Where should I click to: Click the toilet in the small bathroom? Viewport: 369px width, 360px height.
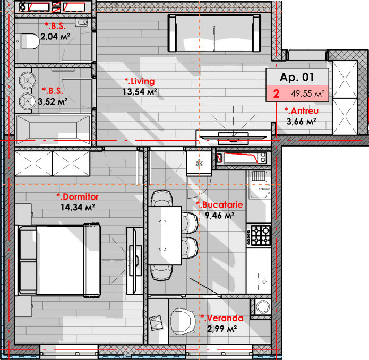pyautogui.click(x=27, y=41)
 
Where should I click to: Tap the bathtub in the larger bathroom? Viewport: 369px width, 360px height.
pyautogui.click(x=53, y=130)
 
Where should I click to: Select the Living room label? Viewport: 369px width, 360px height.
pyautogui.click(x=140, y=81)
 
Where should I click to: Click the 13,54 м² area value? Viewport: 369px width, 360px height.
pyautogui.click(x=140, y=92)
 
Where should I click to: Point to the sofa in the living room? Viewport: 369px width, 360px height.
pyautogui.click(x=214, y=33)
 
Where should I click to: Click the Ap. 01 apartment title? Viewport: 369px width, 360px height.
pyautogui.click(x=297, y=77)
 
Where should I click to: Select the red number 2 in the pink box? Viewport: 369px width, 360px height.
pyautogui.click(x=276, y=93)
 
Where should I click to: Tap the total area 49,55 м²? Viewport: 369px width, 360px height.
pyautogui.click(x=308, y=93)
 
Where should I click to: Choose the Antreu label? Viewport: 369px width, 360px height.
pyautogui.click(x=302, y=110)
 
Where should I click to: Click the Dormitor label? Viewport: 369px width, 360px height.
pyautogui.click(x=78, y=196)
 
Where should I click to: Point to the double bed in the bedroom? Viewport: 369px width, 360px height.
pyautogui.click(x=58, y=260)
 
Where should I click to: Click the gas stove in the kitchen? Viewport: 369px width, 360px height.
pyautogui.click(x=259, y=235)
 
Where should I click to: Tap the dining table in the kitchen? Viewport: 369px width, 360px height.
pyautogui.click(x=165, y=236)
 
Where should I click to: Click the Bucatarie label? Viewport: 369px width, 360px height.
pyautogui.click(x=220, y=205)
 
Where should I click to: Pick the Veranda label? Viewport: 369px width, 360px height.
pyautogui.click(x=222, y=318)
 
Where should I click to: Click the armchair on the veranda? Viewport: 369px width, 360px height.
pyautogui.click(x=183, y=322)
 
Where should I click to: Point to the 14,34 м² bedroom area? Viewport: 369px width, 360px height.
pyautogui.click(x=78, y=207)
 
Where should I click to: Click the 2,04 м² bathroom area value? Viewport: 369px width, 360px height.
pyautogui.click(x=55, y=37)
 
